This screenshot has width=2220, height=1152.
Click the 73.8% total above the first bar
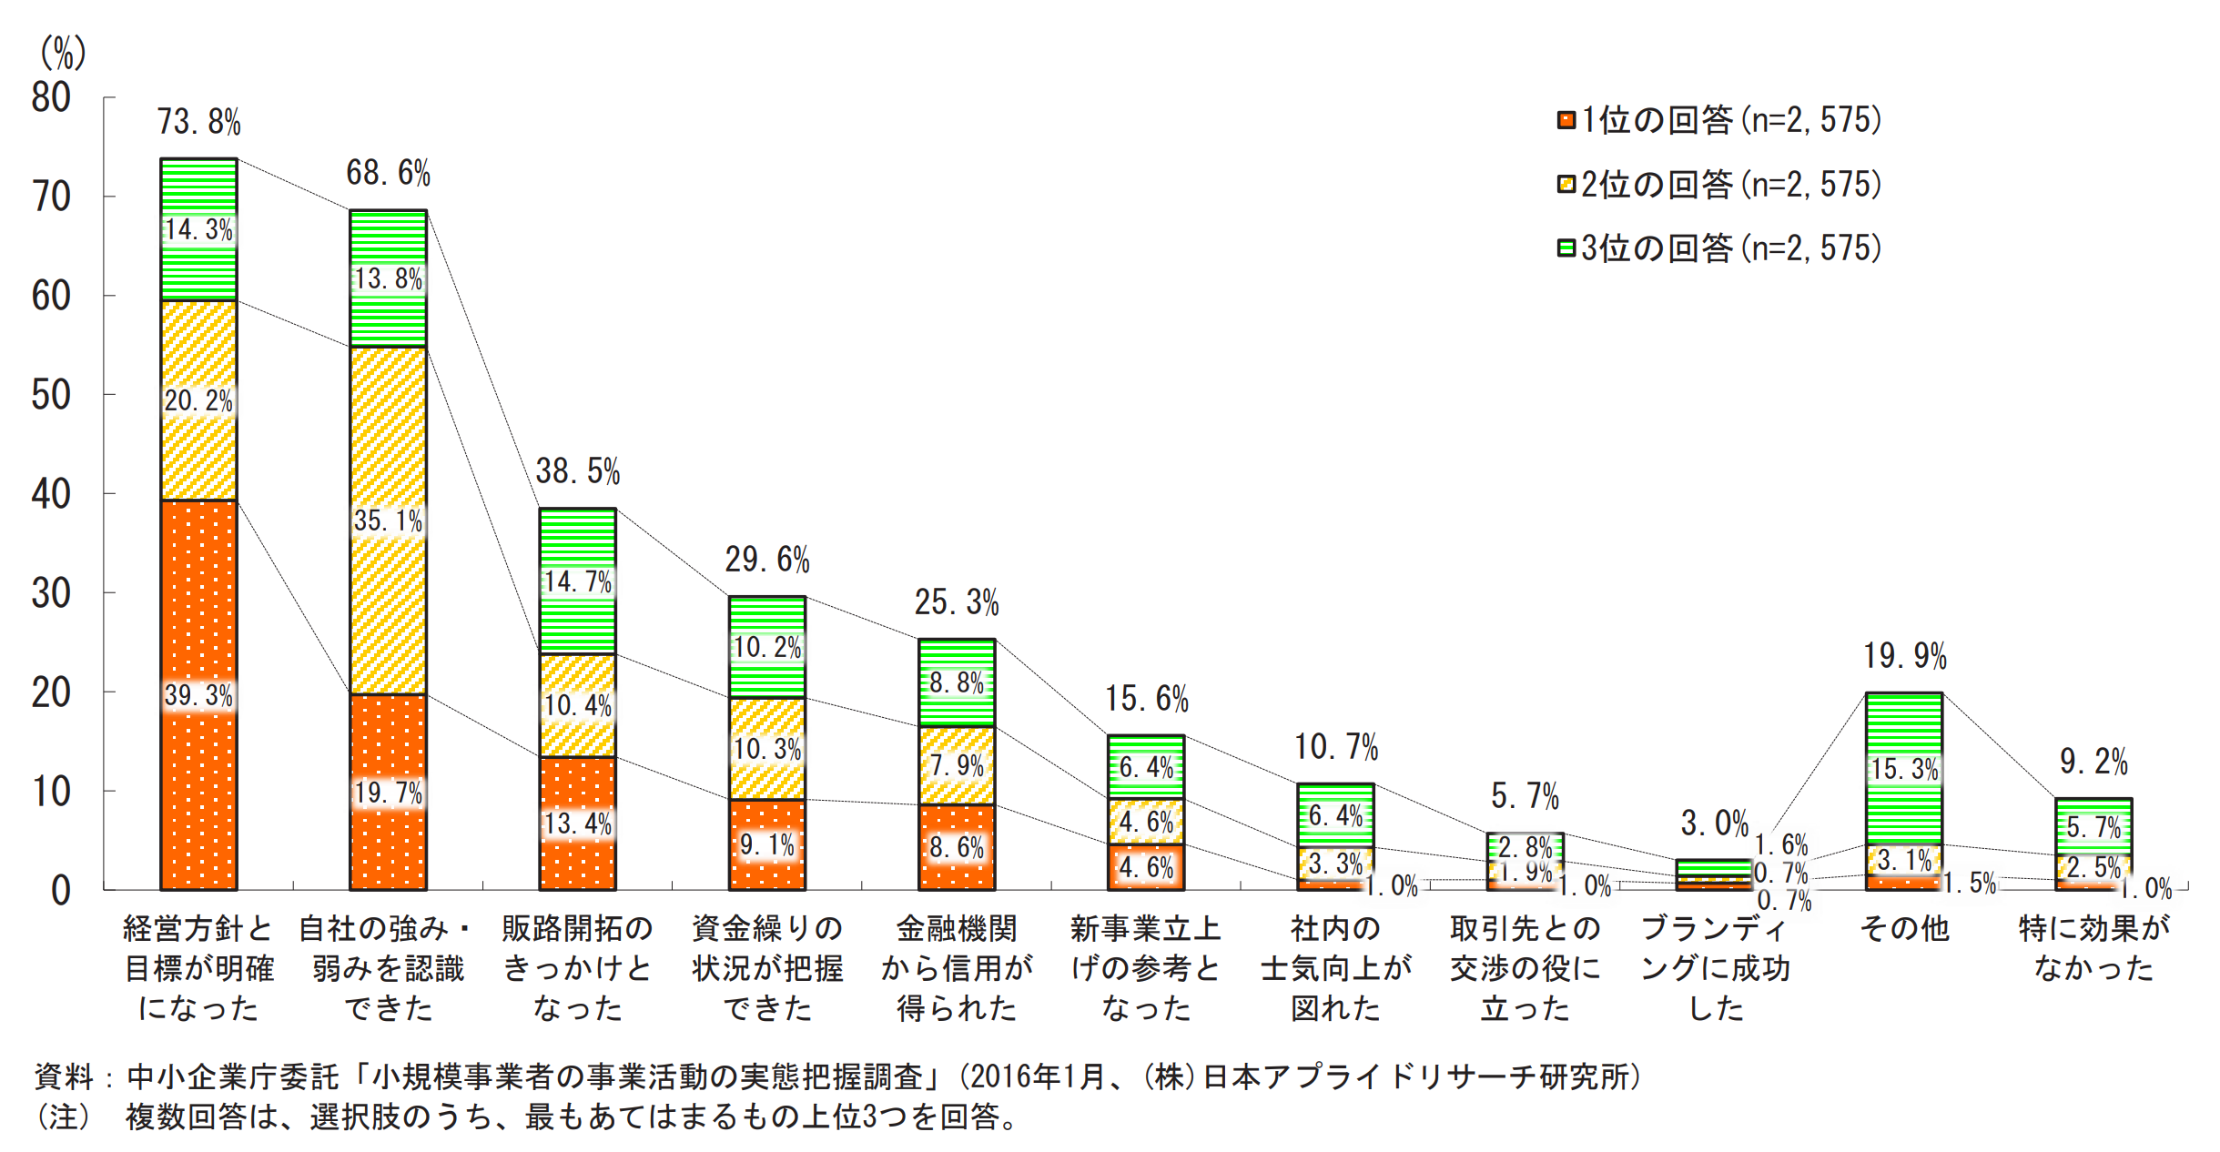point(198,122)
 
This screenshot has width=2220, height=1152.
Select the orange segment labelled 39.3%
point(198,696)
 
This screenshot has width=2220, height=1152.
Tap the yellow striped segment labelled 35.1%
point(388,520)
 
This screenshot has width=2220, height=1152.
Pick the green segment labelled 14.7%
point(577,581)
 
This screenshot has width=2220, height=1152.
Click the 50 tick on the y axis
point(51,396)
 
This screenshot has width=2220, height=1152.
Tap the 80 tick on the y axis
point(51,98)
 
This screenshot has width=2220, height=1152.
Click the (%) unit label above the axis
point(63,53)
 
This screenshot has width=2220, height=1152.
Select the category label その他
point(1903,929)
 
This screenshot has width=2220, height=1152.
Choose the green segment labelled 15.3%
point(1903,769)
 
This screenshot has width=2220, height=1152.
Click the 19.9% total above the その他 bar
point(1904,656)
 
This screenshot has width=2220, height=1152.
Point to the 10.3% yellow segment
point(766,749)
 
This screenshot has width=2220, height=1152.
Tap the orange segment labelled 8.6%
point(956,847)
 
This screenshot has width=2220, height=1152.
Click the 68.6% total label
point(388,173)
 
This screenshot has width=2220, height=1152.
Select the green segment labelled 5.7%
point(2093,827)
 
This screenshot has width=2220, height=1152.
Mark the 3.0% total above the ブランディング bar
point(1714,824)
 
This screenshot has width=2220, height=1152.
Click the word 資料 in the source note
point(64,1076)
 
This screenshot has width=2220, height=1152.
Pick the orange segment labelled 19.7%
point(388,793)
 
